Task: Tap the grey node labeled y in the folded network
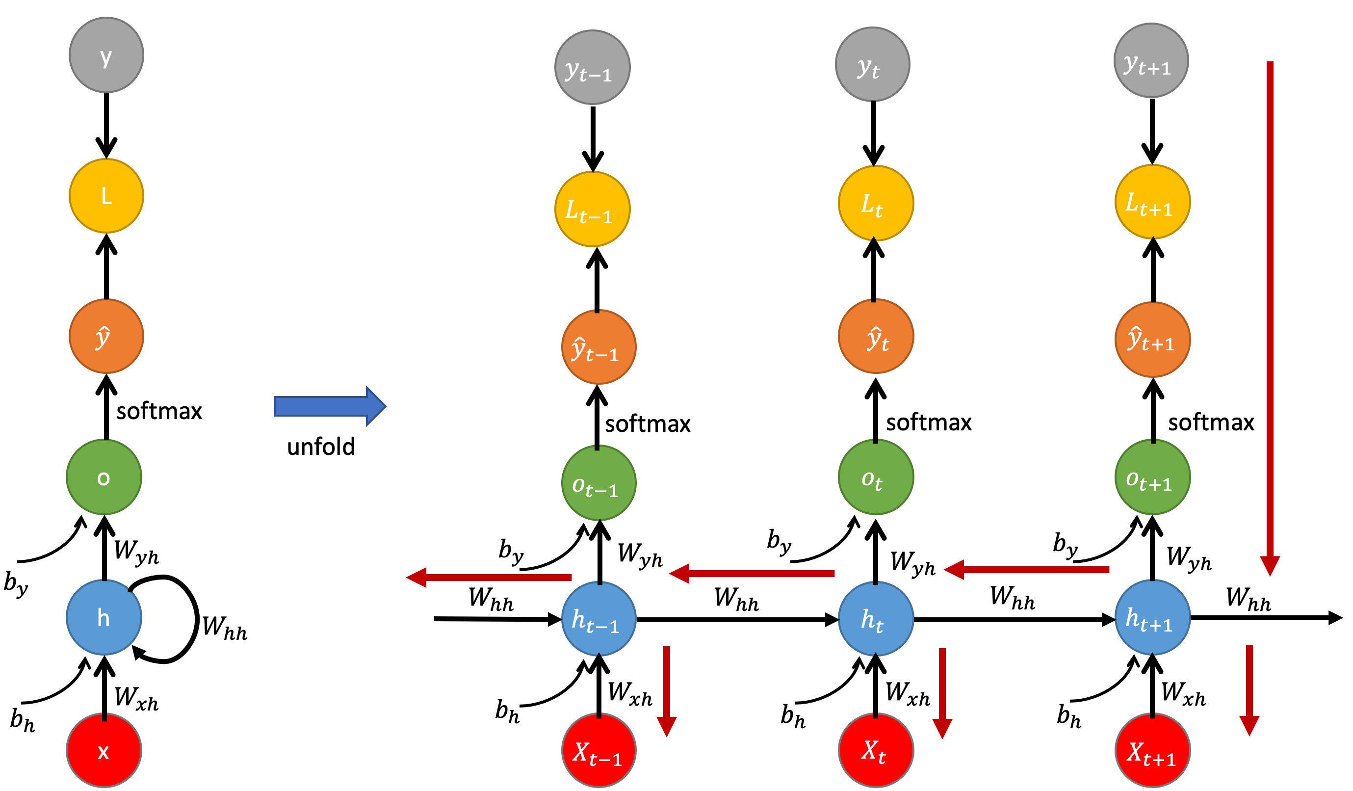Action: tap(106, 55)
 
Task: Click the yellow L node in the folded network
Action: tap(106, 196)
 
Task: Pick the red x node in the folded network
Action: tap(104, 750)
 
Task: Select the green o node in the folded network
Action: tap(104, 477)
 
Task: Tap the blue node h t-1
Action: tap(598, 619)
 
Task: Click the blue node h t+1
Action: tap(1152, 618)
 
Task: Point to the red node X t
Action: tap(876, 750)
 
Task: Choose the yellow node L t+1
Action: tap(1152, 202)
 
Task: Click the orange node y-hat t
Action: tap(876, 337)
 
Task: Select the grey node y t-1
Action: tap(592, 67)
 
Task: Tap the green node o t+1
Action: tap(1152, 477)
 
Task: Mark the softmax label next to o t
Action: tap(928, 422)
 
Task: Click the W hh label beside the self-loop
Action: tap(224, 627)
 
